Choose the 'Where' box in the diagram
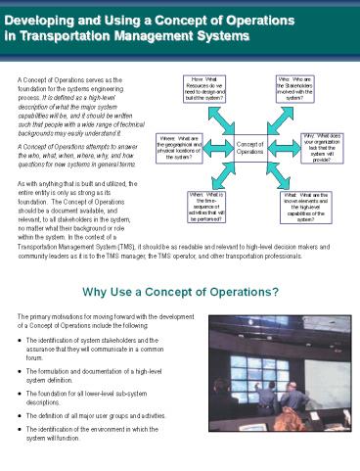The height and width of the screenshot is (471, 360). (180, 150)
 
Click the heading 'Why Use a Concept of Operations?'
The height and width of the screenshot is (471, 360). (180, 292)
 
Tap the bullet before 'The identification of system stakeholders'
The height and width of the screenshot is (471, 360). (22, 337)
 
